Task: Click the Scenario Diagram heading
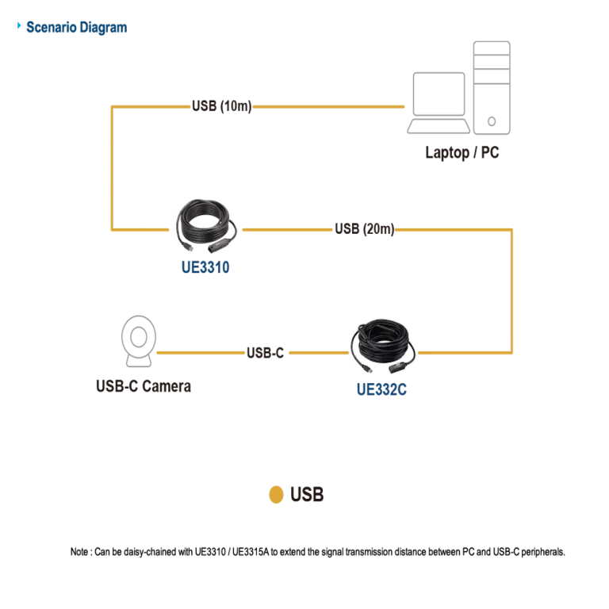click(76, 28)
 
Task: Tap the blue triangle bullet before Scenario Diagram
click(19, 25)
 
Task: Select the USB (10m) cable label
click(222, 106)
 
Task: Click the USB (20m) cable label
click(364, 228)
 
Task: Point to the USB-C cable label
click(266, 353)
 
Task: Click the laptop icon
click(439, 103)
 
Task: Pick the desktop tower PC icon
click(492, 88)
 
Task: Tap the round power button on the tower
click(492, 121)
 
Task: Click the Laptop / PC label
click(462, 152)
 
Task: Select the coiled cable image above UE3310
click(206, 225)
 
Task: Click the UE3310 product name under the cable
click(205, 267)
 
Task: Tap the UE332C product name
click(381, 389)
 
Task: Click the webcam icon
click(139, 341)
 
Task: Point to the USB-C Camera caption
click(144, 386)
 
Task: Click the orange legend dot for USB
click(276, 495)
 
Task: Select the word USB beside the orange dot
click(307, 495)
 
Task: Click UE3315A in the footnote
click(251, 552)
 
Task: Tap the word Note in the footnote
click(79, 552)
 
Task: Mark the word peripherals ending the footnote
click(542, 552)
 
